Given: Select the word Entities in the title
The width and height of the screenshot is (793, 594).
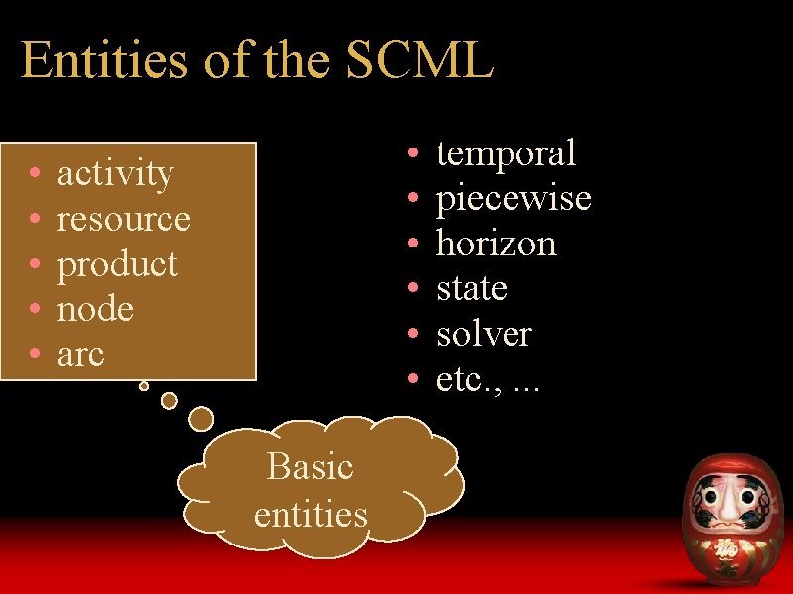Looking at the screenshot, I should (104, 61).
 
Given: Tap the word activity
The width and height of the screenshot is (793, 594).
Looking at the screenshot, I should (115, 174).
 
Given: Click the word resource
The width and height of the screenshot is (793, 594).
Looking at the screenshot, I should (124, 219).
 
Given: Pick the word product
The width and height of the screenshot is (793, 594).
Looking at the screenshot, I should (117, 264).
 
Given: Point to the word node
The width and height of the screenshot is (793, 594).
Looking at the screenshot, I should (95, 310).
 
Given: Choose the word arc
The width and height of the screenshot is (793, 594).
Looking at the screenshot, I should (80, 354).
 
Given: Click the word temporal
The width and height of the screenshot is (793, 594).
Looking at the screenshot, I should (506, 153).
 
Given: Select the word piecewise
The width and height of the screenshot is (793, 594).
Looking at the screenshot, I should (513, 199).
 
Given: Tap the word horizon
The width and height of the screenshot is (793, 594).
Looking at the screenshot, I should (496, 244).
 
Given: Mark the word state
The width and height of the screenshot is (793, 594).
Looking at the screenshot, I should (471, 289).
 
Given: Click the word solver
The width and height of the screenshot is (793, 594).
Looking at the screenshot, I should (484, 335).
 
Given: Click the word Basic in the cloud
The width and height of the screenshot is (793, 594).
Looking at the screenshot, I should (309, 466).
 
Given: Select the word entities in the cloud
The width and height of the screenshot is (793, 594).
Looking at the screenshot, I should (310, 514).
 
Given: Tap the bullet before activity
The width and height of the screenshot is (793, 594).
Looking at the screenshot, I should (35, 175).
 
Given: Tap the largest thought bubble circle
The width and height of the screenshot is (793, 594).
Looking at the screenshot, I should (201, 418).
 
